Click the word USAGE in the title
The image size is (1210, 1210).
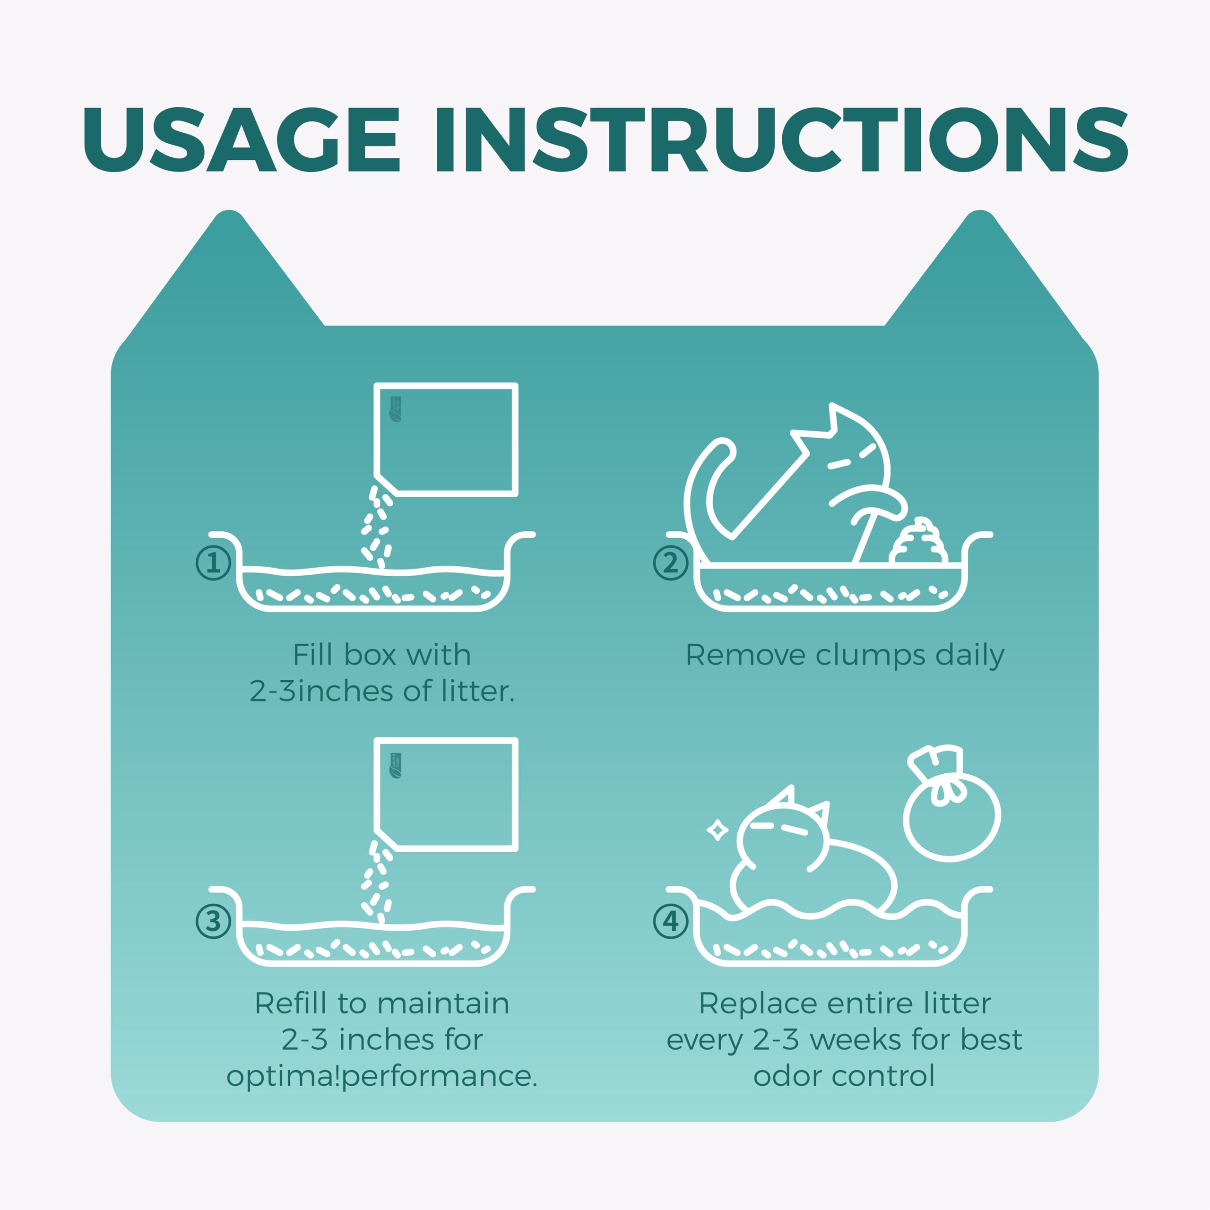[241, 139]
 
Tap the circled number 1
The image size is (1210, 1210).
[214, 562]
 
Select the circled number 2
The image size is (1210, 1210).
[671, 562]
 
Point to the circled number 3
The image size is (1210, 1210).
[214, 921]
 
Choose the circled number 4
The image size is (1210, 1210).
[671, 921]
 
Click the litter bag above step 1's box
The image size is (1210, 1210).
[446, 440]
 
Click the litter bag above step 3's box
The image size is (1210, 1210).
[446, 795]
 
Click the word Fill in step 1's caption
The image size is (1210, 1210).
[312, 655]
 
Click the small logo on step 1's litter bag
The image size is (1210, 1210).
[396, 409]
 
